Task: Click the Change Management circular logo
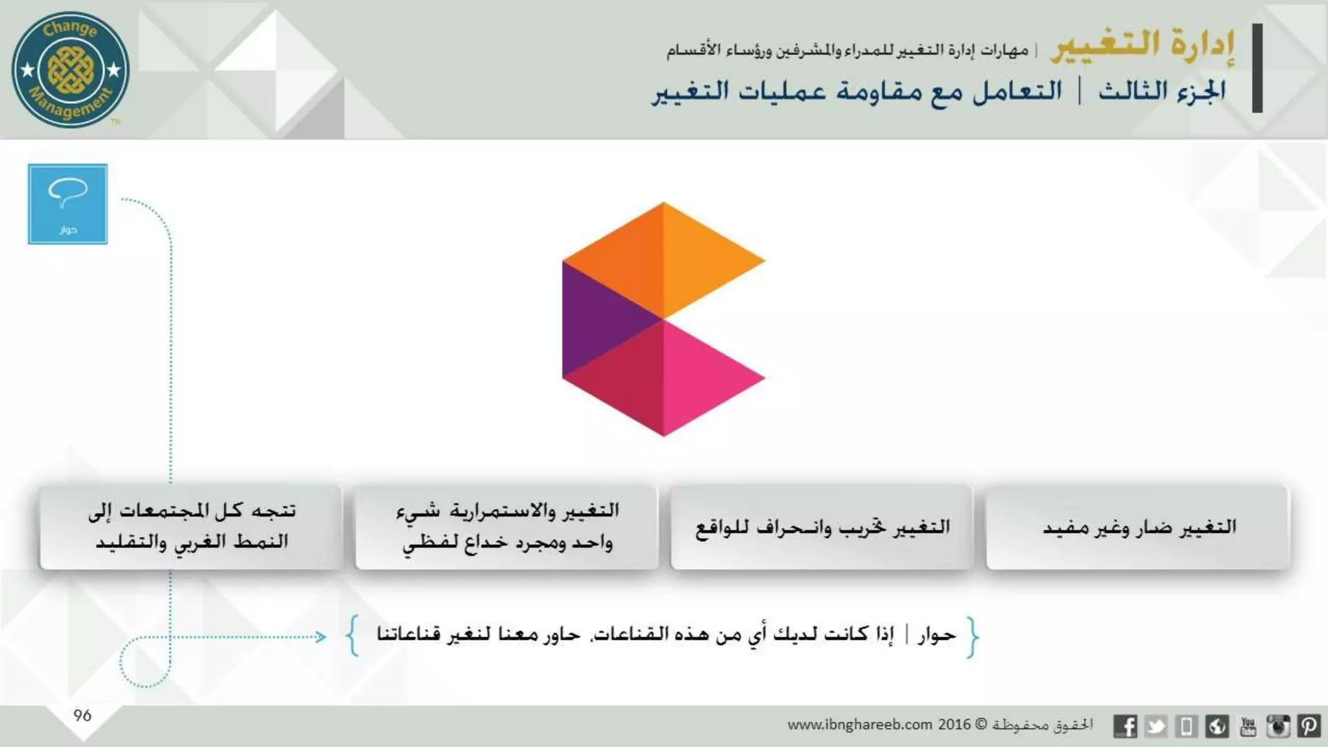pos(70,69)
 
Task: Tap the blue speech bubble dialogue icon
pos(67,204)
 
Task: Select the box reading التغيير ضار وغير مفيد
pos(1138,527)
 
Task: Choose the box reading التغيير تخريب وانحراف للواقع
pos(822,527)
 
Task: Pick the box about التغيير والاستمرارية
pos(506,527)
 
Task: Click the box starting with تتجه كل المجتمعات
pos(191,527)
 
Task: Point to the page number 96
pos(82,716)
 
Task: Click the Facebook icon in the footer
pos(1125,726)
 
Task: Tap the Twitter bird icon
pos(1156,726)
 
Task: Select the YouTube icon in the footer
pos(1248,726)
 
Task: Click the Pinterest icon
pos(1309,726)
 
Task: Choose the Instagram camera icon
pos(1278,726)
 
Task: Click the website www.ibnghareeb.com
pos(859,725)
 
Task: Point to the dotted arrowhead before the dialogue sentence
pos(321,637)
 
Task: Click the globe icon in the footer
pos(1217,726)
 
